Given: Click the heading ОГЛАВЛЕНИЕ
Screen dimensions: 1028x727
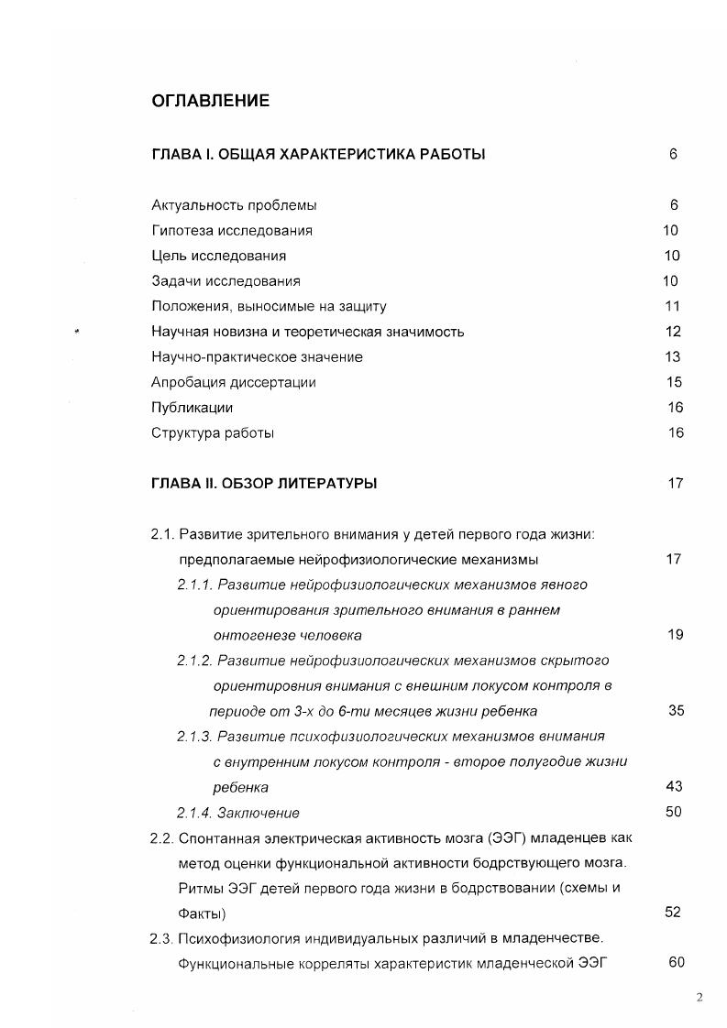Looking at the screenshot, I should (210, 101).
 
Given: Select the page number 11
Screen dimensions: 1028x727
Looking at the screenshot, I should (673, 306).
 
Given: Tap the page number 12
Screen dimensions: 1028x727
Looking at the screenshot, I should (673, 332).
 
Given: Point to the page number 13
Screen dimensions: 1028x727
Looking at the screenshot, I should (673, 356).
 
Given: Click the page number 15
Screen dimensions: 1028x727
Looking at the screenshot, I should (673, 382).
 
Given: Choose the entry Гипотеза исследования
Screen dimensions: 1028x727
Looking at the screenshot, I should (232, 231).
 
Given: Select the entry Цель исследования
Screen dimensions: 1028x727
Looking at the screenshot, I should (218, 256).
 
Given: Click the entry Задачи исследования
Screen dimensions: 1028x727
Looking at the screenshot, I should (226, 281).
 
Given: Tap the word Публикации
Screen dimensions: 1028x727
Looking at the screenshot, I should (192, 408).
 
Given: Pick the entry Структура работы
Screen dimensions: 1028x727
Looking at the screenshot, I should (213, 432).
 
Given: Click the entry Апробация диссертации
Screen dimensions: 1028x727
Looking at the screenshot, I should (233, 382).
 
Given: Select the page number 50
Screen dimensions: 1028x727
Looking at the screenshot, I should (674, 812).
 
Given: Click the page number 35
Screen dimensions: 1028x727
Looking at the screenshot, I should (676, 710).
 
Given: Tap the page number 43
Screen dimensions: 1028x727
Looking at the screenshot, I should (674, 786).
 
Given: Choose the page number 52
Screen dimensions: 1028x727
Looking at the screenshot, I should (674, 913).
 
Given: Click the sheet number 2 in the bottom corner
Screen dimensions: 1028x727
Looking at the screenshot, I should (699, 998).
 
